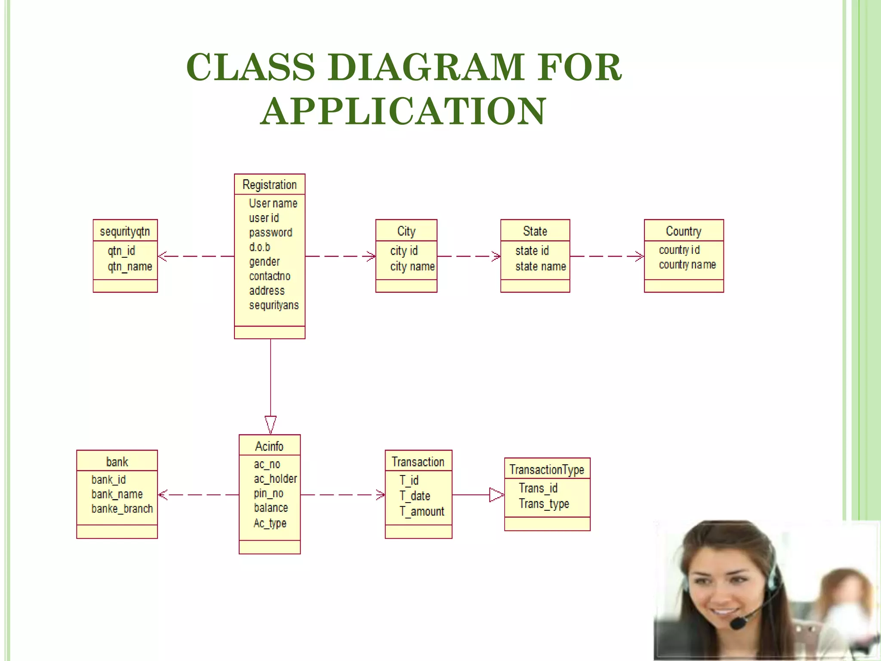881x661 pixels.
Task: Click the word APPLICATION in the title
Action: [403, 111]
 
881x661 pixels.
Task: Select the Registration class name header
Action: [269, 185]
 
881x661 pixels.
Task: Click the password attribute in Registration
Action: [270, 232]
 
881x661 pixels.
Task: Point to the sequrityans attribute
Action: [274, 305]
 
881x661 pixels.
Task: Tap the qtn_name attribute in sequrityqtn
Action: [130, 266]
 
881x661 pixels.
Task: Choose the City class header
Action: [406, 231]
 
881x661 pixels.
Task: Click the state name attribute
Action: [540, 266]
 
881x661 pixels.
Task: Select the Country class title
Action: [683, 231]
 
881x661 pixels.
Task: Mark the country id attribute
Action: [679, 250]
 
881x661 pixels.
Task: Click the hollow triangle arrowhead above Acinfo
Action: [271, 423]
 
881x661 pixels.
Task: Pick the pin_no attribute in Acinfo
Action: [268, 493]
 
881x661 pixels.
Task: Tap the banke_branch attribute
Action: [122, 509]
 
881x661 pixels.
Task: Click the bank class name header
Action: [117, 462]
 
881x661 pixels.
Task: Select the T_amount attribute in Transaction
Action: [422, 511]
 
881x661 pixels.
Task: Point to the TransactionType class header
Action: [546, 469]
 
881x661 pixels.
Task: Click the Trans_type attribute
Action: [544, 503]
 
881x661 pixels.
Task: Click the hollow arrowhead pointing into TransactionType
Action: [496, 495]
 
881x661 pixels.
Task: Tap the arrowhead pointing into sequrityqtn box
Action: [162, 256]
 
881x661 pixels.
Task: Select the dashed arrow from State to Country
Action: [607, 256]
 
